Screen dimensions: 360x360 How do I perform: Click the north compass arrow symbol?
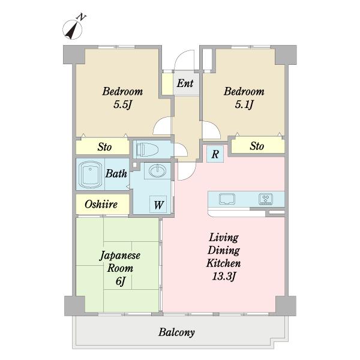click(73, 29)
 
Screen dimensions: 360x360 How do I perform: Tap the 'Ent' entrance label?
click(185, 83)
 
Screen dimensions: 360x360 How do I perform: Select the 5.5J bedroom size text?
click(122, 104)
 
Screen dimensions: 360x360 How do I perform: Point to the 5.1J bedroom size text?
click(244, 104)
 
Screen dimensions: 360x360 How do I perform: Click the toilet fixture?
click(147, 150)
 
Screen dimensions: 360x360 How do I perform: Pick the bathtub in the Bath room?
click(91, 175)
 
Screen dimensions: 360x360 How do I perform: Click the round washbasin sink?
click(157, 171)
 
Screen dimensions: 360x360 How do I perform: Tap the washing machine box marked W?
click(158, 205)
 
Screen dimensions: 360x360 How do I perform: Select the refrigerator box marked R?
click(215, 154)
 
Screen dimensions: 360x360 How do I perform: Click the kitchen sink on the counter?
click(227, 199)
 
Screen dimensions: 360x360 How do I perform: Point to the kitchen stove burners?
click(266, 199)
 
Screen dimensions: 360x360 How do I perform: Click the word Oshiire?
click(101, 204)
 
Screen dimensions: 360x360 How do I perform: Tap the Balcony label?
click(176, 332)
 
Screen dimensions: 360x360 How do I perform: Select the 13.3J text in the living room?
click(224, 276)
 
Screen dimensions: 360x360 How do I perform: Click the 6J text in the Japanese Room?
click(121, 281)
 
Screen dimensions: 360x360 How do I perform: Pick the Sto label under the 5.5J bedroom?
click(104, 147)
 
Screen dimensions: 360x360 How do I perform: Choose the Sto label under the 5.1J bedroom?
click(257, 146)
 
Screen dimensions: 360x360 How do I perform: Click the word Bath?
click(116, 173)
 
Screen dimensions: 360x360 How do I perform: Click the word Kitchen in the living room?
click(223, 263)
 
